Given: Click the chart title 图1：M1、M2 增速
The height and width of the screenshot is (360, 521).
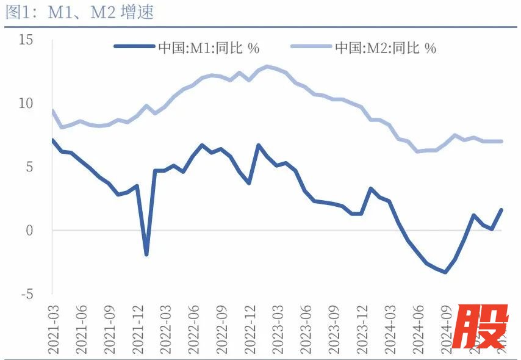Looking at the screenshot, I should (79, 13).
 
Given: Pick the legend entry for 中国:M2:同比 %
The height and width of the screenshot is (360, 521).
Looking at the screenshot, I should (385, 48).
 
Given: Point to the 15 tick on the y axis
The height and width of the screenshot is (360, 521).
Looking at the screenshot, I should (26, 40).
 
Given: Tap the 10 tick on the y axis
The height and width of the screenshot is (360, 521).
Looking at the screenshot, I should (26, 103).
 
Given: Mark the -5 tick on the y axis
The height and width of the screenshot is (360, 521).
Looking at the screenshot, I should (26, 294).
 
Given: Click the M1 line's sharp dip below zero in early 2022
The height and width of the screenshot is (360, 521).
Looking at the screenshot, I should (146, 254).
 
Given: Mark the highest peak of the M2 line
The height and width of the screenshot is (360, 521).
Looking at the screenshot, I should (267, 66).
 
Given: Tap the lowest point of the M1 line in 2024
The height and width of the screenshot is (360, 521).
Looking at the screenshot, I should (445, 272).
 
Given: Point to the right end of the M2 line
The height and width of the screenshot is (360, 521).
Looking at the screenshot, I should (501, 141).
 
